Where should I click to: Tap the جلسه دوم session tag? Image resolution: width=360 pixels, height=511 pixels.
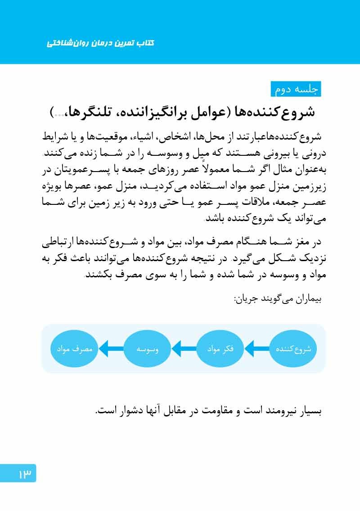click(x=296, y=89)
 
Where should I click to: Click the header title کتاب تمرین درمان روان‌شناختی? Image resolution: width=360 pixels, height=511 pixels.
click(x=101, y=43)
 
